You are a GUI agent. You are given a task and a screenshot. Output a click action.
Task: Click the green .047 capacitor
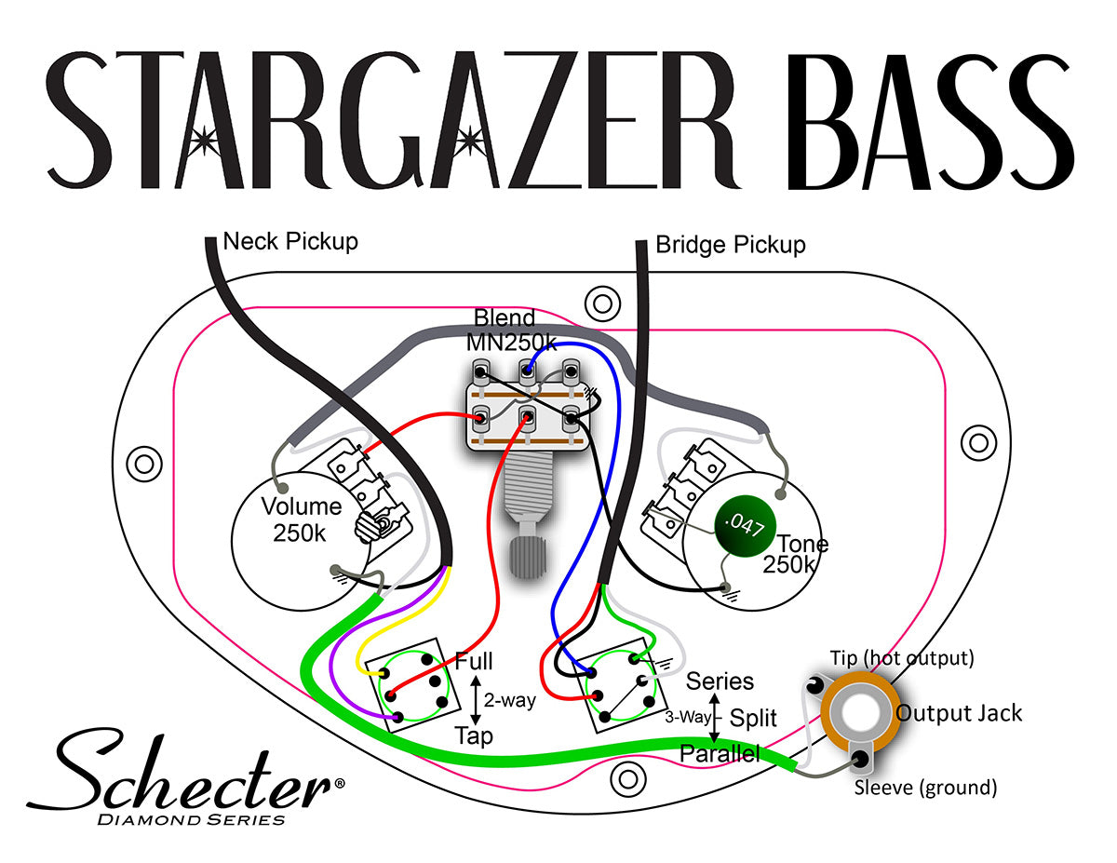coord(746,528)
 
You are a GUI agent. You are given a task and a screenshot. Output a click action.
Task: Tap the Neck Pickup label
coord(290,242)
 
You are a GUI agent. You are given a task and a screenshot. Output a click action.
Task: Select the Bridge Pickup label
coord(730,245)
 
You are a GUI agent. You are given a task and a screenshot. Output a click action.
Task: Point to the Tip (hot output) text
coord(902,658)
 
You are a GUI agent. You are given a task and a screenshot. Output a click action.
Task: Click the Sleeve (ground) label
coord(925,788)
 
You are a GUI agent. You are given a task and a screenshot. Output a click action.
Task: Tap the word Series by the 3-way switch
coord(720,681)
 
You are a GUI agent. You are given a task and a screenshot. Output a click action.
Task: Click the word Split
coord(754,718)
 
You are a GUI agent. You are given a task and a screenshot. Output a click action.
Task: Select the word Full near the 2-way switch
coord(474,662)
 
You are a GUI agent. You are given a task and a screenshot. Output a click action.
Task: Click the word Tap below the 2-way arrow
coord(474,735)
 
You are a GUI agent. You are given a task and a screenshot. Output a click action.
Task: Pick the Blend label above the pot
coord(505,317)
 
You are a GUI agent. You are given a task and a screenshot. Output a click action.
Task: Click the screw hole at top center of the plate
coord(602,303)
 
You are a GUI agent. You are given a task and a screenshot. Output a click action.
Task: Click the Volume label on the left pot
coord(301,507)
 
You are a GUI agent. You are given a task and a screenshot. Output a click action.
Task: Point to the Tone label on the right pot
coord(802,544)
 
